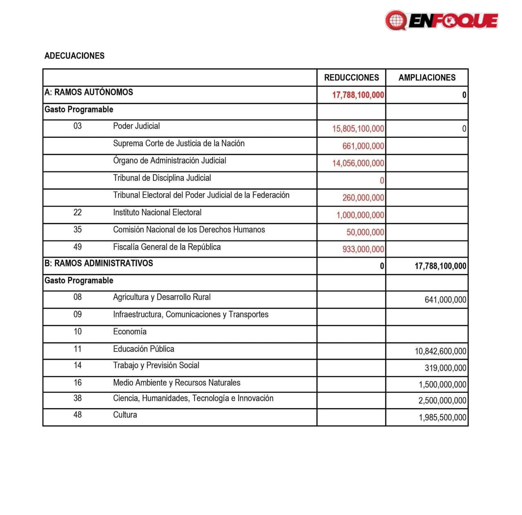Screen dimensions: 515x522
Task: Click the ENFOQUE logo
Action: [441, 20]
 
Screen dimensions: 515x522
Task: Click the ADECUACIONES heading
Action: [74, 56]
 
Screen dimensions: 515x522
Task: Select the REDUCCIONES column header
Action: [351, 77]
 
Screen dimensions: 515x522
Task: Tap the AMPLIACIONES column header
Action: [427, 77]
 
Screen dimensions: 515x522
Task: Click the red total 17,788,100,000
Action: [358, 95]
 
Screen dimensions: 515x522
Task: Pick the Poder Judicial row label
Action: [136, 126]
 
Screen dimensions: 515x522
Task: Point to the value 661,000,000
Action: [363, 146]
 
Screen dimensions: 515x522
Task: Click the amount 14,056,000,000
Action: [358, 163]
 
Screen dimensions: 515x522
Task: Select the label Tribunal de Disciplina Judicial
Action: [162, 178]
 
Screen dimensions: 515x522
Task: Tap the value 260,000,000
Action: [363, 198]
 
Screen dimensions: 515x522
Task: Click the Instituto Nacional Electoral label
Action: [157, 212]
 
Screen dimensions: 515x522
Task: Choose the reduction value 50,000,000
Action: [365, 232]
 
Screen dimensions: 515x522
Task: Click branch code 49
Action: [77, 247]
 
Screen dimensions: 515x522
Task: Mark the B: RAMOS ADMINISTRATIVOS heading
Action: [99, 263]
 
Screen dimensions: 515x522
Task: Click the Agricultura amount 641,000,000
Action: [445, 300]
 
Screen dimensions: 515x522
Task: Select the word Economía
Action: [130, 332]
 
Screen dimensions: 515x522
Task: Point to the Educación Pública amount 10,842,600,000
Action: [440, 351]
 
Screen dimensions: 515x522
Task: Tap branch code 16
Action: [77, 382]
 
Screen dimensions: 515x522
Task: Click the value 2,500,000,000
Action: [442, 400]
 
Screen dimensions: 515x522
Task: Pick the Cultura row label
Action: [125, 415]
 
